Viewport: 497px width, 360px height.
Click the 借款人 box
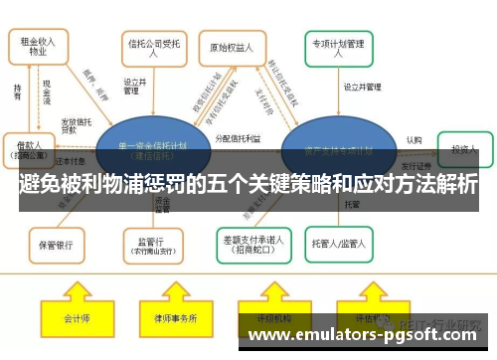(x=28, y=147)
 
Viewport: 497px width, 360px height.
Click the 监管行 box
(x=151, y=242)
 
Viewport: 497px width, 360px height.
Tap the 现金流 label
(x=47, y=91)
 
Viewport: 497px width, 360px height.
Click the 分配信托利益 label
(x=238, y=138)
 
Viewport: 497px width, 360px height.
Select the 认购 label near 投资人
(x=414, y=139)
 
